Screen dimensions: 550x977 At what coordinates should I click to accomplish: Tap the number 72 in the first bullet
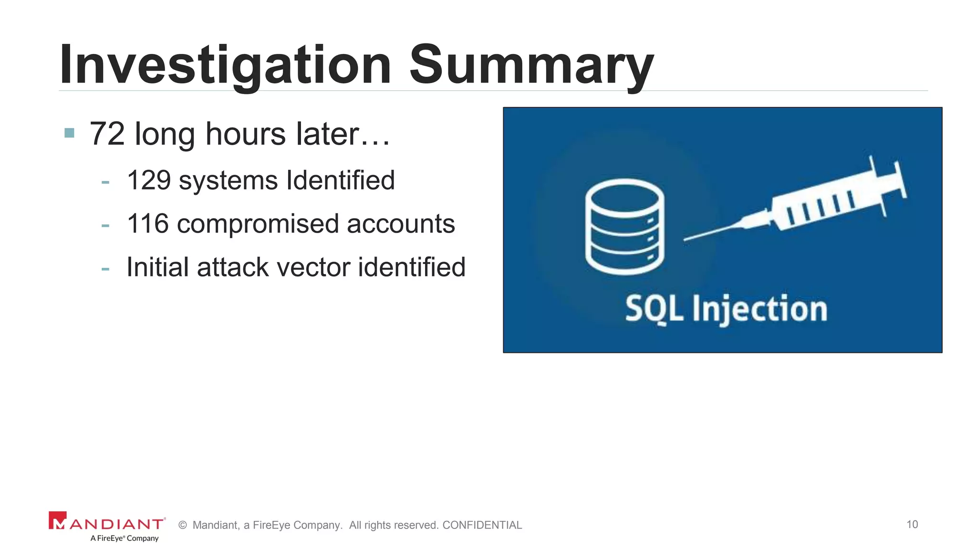click(x=107, y=134)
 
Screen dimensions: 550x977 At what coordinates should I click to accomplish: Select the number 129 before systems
click(x=149, y=180)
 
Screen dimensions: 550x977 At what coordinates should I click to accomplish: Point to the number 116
click(x=148, y=223)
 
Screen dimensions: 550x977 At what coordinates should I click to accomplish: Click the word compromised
click(x=258, y=224)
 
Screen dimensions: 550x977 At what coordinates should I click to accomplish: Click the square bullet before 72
click(x=69, y=133)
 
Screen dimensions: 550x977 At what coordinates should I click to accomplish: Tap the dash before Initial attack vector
click(x=105, y=269)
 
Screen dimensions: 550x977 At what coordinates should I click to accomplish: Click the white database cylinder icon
click(x=624, y=227)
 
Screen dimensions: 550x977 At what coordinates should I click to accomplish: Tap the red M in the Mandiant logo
click(x=57, y=521)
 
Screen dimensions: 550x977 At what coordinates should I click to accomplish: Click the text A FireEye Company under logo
click(x=125, y=538)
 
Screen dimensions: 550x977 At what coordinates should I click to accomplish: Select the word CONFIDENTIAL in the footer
click(x=482, y=525)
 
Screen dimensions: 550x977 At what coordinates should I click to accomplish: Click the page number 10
click(x=912, y=524)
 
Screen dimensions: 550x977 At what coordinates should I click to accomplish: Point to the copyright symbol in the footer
click(x=182, y=525)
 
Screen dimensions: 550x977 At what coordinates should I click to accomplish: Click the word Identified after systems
click(x=340, y=180)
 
